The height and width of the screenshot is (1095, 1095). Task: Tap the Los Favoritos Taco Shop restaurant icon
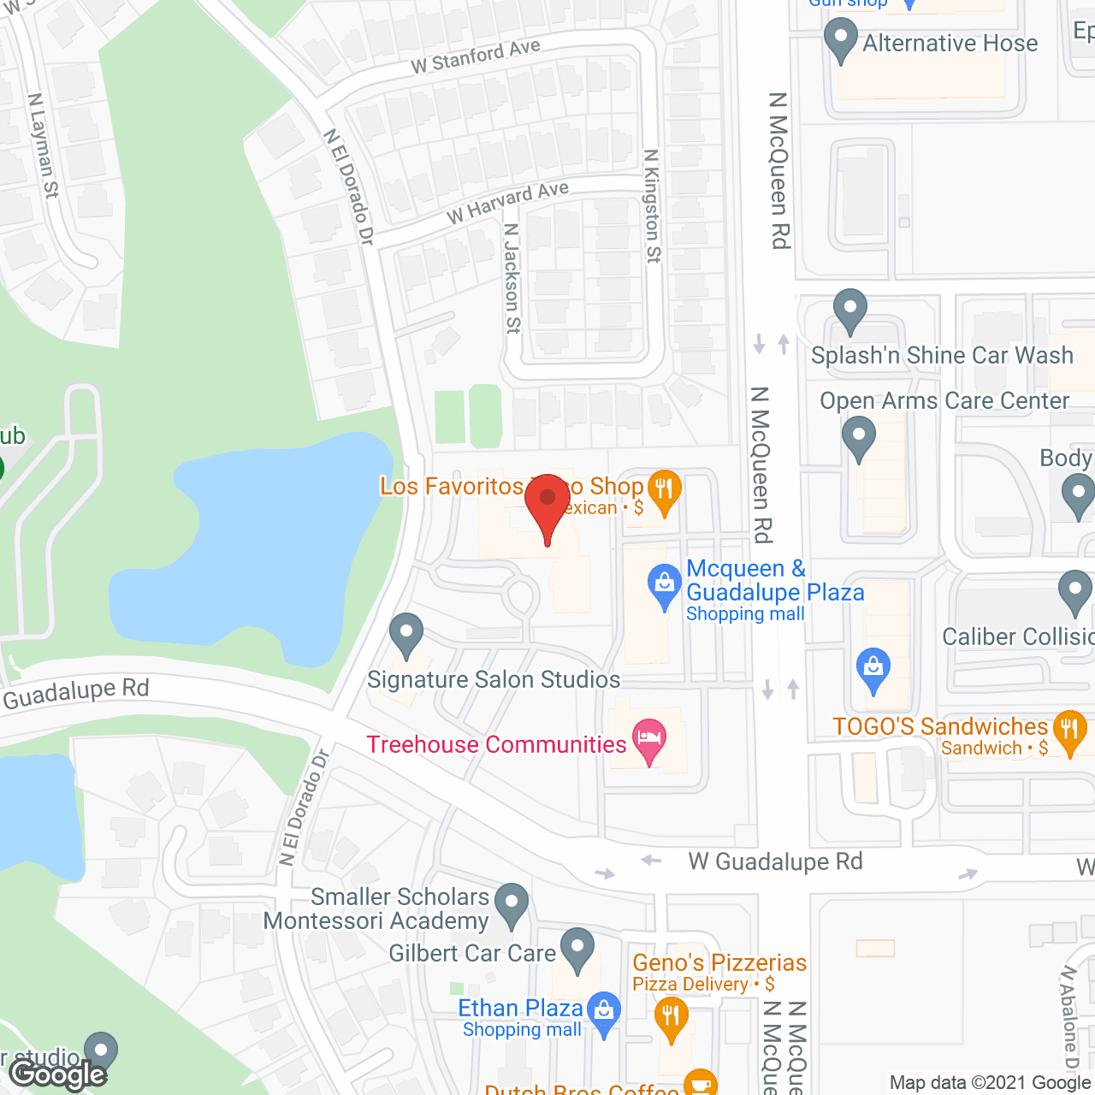[x=664, y=491]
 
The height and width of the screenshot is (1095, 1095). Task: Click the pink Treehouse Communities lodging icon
[x=649, y=740]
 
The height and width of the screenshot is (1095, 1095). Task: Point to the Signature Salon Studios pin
[x=406, y=635]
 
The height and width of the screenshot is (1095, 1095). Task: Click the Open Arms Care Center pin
[x=859, y=438]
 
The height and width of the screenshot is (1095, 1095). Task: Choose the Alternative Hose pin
[x=841, y=39]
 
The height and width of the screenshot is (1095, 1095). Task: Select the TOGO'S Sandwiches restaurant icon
[x=1069, y=731]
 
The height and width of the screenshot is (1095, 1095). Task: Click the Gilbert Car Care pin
[x=577, y=949]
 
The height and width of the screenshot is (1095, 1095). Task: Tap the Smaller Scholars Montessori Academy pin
[x=512, y=904]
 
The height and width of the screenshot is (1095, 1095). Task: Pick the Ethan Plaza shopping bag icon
[x=605, y=1012]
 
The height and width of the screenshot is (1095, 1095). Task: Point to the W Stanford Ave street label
[x=476, y=56]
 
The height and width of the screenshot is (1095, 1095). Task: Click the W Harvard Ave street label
[x=507, y=203]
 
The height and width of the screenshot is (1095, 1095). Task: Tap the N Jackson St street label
[x=512, y=278]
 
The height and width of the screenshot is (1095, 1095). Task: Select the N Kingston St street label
[x=653, y=206]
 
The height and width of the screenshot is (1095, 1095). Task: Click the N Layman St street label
[x=43, y=145]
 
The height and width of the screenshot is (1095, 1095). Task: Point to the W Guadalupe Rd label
[x=775, y=861]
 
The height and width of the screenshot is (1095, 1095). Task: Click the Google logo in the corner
[x=58, y=1074]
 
